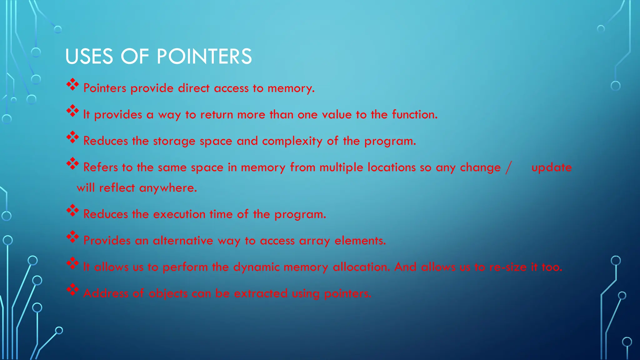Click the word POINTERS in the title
pyautogui.click(x=204, y=57)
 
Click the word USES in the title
pyautogui.click(x=89, y=57)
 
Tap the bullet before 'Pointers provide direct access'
pyautogui.click(x=72, y=85)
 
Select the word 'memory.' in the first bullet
pyautogui.click(x=291, y=88)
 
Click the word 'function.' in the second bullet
pyautogui.click(x=415, y=115)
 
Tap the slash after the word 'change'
pyautogui.click(x=508, y=167)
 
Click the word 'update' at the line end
pyautogui.click(x=552, y=168)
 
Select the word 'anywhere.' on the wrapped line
pyautogui.click(x=168, y=188)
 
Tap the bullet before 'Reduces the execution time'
pyautogui.click(x=72, y=211)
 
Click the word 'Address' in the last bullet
pyautogui.click(x=106, y=293)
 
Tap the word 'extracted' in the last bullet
pyautogui.click(x=261, y=293)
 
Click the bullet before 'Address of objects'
pyautogui.click(x=72, y=290)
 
